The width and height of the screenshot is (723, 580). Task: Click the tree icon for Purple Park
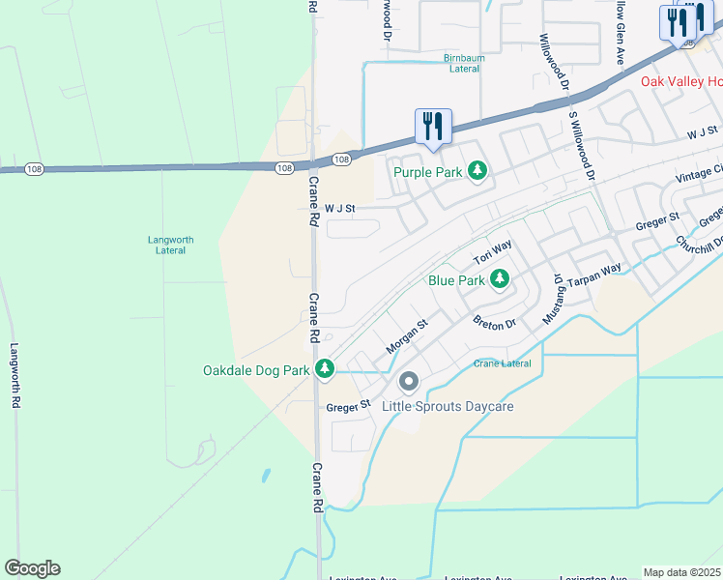click(x=477, y=171)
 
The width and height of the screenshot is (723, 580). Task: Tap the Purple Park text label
click(x=426, y=172)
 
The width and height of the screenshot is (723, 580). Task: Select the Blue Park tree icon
click(x=499, y=280)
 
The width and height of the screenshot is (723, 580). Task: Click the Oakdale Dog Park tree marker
click(x=326, y=369)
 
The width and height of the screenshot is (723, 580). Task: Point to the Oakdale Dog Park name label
click(x=256, y=370)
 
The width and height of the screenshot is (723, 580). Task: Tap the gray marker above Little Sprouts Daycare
click(x=408, y=384)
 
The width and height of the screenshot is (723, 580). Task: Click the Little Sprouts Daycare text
click(x=448, y=406)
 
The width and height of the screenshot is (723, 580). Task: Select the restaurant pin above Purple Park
click(x=432, y=127)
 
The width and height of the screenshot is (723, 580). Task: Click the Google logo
click(x=32, y=568)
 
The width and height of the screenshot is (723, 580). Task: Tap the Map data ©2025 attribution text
click(x=681, y=572)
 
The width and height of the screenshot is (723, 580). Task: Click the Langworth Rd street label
click(x=14, y=378)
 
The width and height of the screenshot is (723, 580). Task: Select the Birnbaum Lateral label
click(x=462, y=63)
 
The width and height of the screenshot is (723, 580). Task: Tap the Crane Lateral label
click(x=503, y=363)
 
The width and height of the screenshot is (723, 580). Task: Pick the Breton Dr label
click(x=494, y=323)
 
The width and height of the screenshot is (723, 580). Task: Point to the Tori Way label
click(x=492, y=254)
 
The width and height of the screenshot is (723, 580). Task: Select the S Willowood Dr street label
click(x=580, y=145)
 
